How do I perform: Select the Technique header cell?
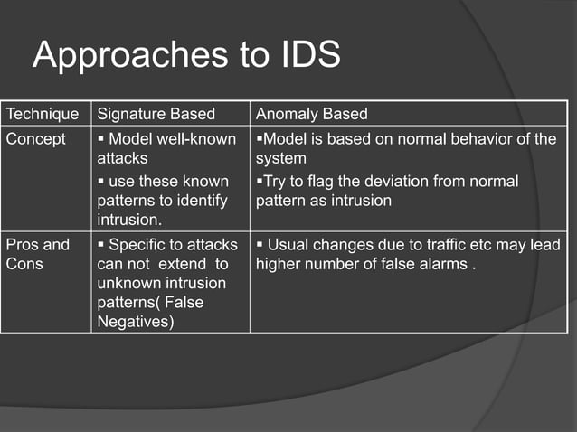point(43,114)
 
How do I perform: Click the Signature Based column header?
point(156,114)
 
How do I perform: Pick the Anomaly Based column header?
point(312,114)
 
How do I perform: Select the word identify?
point(204,201)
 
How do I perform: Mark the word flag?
point(318,181)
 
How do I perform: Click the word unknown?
point(128,284)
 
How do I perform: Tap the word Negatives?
point(135,321)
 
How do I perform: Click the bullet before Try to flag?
point(259,181)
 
